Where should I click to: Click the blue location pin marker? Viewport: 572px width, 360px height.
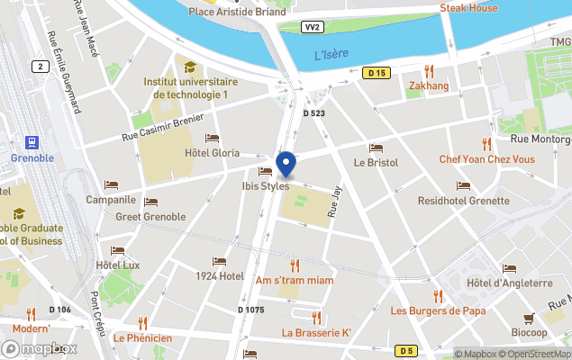(286, 165)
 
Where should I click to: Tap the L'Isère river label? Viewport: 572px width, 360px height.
(331, 56)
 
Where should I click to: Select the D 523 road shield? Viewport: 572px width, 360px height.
(313, 113)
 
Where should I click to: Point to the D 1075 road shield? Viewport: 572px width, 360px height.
(251, 310)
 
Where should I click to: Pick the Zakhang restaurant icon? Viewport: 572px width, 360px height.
(429, 71)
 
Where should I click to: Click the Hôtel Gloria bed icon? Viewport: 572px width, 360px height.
(212, 139)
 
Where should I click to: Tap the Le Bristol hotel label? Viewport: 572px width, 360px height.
(375, 163)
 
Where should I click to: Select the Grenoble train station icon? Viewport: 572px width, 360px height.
(32, 142)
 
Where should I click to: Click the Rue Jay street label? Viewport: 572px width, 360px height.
(335, 202)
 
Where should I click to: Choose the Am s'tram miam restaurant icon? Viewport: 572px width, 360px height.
(295, 265)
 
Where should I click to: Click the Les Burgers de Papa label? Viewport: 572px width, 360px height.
(438, 310)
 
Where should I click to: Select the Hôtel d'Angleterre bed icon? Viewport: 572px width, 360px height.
(509, 268)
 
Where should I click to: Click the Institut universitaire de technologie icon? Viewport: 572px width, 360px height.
(190, 67)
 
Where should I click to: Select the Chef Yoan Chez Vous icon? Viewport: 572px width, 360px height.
(486, 144)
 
